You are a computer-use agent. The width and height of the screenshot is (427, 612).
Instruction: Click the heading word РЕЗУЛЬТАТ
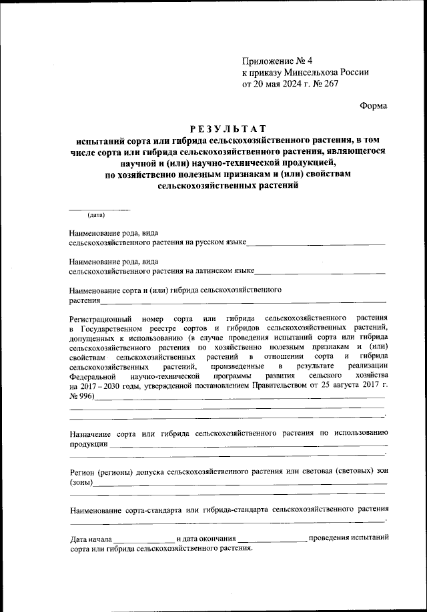[228, 129]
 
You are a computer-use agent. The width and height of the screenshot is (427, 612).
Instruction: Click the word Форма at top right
[373, 105]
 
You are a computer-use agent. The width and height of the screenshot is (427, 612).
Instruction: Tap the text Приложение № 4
[274, 61]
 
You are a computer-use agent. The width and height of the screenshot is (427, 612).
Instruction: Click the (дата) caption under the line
[96, 214]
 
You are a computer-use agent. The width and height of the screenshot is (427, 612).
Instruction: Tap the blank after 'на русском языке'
[316, 244]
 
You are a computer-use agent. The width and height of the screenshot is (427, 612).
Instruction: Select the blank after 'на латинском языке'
[320, 272]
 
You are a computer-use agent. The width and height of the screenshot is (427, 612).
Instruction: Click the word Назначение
[91, 433]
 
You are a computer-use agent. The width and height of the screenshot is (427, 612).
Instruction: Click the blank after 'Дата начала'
[144, 539]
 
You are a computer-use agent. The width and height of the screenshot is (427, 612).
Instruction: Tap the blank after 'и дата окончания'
[273, 539]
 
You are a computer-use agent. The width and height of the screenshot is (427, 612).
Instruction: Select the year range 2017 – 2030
[107, 386]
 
